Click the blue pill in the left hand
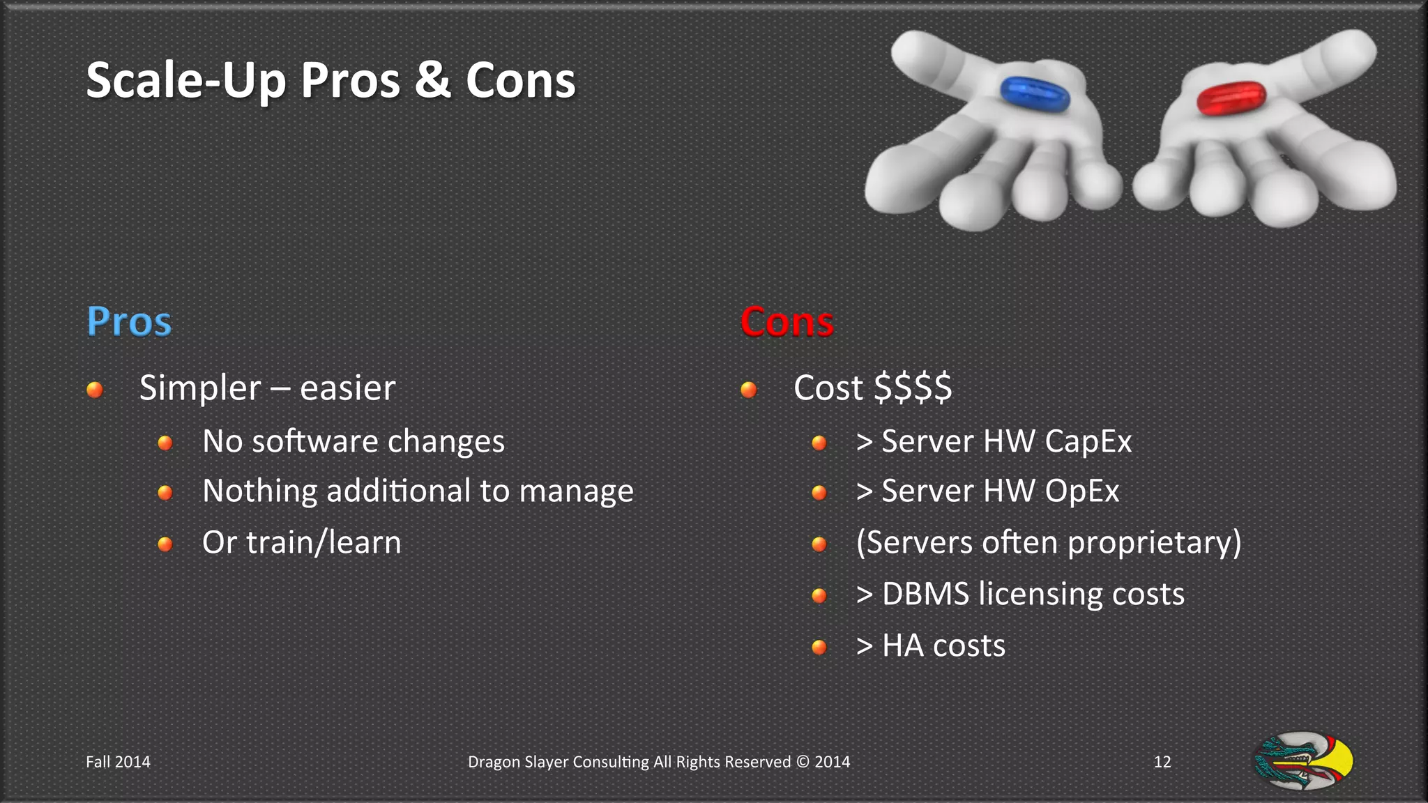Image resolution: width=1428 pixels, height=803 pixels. point(1035,94)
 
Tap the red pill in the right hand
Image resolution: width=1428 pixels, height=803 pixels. point(1231,98)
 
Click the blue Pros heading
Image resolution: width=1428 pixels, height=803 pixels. point(129,322)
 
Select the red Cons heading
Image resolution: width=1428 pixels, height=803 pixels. point(787,322)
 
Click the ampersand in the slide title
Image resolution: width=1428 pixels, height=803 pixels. point(432,79)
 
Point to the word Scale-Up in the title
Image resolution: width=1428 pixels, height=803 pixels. point(185,81)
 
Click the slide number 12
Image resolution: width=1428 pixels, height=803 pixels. point(1162,762)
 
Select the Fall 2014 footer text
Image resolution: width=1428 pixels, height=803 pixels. point(118,762)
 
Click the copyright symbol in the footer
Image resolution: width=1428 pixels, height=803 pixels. point(803,762)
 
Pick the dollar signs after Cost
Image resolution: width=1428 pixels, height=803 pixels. point(913,388)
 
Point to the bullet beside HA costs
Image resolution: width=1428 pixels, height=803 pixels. point(819,648)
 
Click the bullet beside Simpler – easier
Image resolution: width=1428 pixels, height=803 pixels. point(95,389)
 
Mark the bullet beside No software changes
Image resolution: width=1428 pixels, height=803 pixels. point(165,443)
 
